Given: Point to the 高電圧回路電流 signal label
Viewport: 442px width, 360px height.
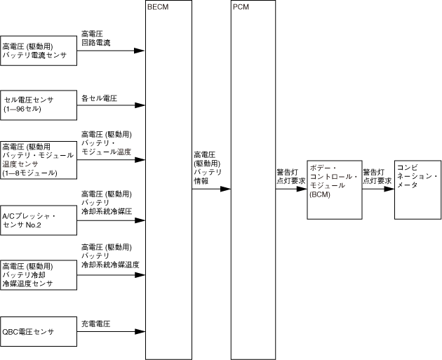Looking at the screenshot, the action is click(96, 38).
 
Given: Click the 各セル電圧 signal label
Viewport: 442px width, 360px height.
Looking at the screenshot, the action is click(99, 99).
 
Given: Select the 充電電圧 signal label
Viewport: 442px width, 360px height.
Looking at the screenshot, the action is click(96, 324).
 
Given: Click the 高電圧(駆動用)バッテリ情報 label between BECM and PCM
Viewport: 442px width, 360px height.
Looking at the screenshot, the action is click(208, 168).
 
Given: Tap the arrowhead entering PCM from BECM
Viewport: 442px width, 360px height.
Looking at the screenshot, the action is click(226, 189).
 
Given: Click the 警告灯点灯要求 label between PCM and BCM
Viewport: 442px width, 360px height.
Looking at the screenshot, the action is click(290, 175).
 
